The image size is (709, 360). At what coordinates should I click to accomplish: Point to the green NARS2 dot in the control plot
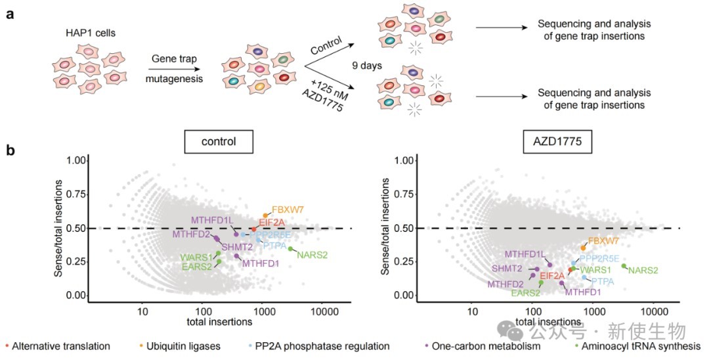(290, 248)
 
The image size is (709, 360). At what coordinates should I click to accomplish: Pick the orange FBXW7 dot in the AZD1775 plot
(583, 248)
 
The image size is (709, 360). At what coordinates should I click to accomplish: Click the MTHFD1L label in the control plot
(212, 220)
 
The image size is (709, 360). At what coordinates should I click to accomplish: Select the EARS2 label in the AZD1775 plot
(526, 293)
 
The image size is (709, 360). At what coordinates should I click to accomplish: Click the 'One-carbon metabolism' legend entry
(490, 346)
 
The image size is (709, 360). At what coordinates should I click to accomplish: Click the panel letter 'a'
(11, 15)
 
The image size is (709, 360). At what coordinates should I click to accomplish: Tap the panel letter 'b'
(11, 150)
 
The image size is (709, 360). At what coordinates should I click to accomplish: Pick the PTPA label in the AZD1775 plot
(603, 282)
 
